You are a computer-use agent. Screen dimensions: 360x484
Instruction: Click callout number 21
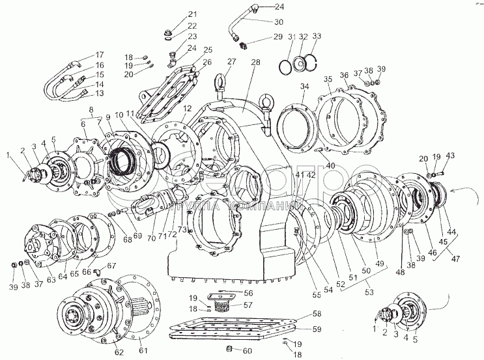coord(175,14)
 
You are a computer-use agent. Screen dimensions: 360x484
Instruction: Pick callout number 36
coord(344,76)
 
